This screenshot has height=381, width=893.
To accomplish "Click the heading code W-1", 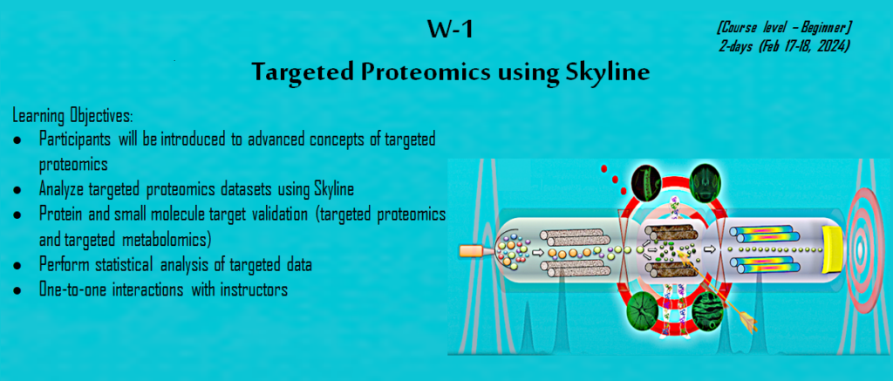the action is tap(451, 31).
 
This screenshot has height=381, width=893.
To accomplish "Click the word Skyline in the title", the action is tap(612, 73).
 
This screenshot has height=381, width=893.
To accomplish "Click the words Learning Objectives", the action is tap(73, 117).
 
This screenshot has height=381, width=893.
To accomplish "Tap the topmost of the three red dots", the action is tap(605, 168).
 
